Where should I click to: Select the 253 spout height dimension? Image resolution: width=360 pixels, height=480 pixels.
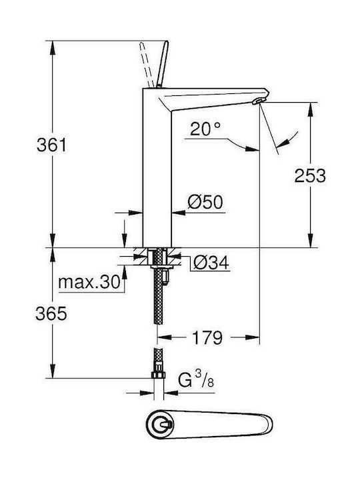[310, 175]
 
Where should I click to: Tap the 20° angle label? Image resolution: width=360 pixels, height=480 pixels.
[204, 128]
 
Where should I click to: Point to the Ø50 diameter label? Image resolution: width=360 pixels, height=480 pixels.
[205, 201]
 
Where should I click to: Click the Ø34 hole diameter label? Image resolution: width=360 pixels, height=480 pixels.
[210, 264]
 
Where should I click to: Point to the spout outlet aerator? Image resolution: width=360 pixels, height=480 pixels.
[257, 101]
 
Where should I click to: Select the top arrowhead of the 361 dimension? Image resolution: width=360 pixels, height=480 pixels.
[52, 45]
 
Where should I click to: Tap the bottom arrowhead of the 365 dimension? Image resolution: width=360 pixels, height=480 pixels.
[52, 376]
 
